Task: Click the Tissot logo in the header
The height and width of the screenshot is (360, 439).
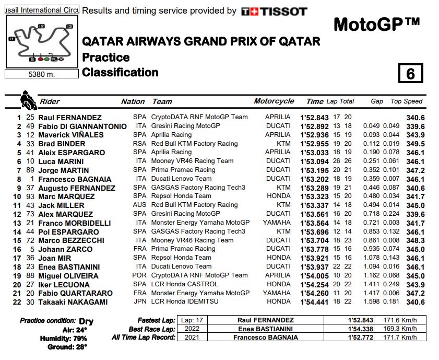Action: coord(275,11)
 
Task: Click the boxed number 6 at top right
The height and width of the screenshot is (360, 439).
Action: coord(410,74)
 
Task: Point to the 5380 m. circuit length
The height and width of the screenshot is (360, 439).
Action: coord(41,74)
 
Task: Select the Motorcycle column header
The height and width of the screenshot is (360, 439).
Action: coord(274,101)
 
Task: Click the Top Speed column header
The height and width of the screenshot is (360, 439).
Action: coord(407,101)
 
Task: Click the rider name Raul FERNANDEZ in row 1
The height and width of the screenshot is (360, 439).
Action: coord(71,118)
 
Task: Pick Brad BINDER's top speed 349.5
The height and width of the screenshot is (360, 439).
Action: coord(416,144)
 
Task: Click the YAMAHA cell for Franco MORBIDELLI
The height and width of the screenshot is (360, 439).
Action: coord(277,223)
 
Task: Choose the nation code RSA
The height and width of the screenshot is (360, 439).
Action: coord(139,144)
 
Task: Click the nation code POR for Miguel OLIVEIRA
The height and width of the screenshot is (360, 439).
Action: coord(139,275)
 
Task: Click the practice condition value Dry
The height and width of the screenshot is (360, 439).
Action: coord(86,321)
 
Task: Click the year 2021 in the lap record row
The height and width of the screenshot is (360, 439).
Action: coord(187,338)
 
